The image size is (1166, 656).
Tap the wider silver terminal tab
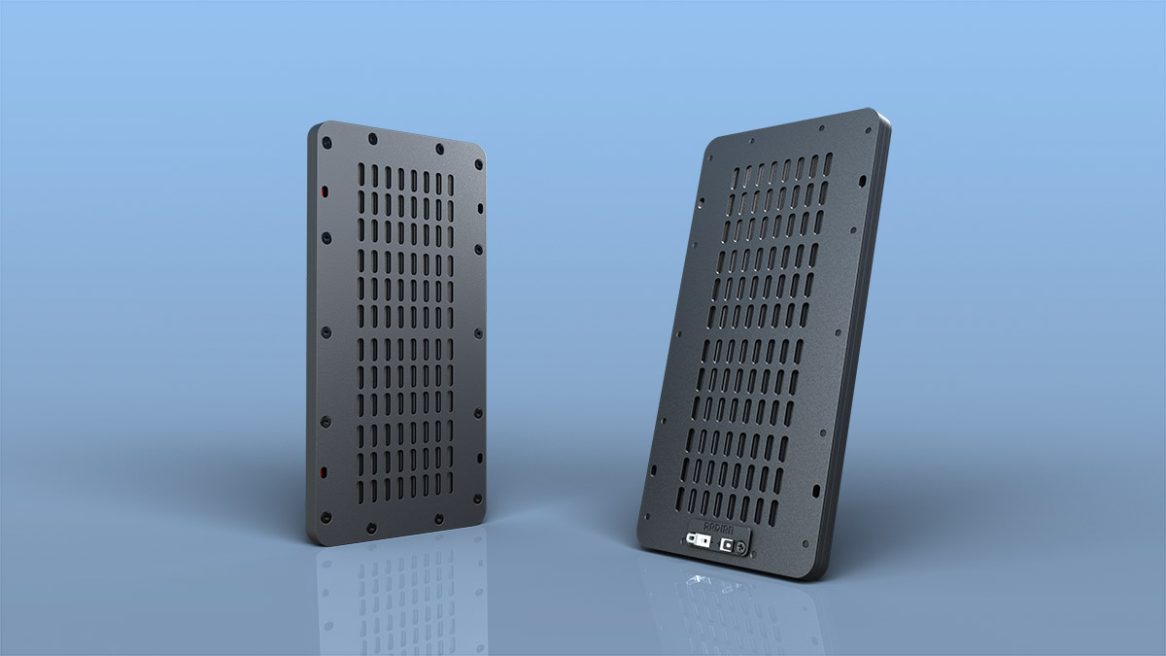[x=695, y=537]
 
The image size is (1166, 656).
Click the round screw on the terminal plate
[x=741, y=550]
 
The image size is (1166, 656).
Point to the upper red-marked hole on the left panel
[x=324, y=191]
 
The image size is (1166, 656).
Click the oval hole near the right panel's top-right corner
[x=864, y=181]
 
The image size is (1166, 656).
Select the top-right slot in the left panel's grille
[x=450, y=185]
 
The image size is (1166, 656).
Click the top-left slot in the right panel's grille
[x=736, y=178]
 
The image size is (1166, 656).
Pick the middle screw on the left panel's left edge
[x=324, y=331]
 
